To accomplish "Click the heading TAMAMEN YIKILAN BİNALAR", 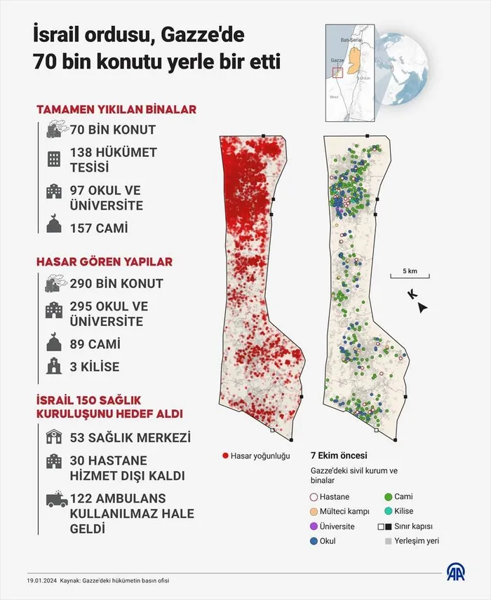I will (x=116, y=109).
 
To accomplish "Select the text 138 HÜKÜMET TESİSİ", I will (x=113, y=159).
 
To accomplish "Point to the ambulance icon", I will (x=55, y=500).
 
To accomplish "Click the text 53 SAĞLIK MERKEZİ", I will (x=130, y=437).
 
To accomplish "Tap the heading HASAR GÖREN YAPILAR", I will (x=105, y=261).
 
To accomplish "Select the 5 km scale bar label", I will (x=410, y=271).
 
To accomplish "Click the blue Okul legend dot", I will (x=313, y=541).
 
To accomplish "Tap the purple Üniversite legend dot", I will (x=313, y=526).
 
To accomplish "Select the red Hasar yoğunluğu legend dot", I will (x=225, y=456).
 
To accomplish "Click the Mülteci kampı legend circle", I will (x=313, y=511).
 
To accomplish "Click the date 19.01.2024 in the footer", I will (x=41, y=580).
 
